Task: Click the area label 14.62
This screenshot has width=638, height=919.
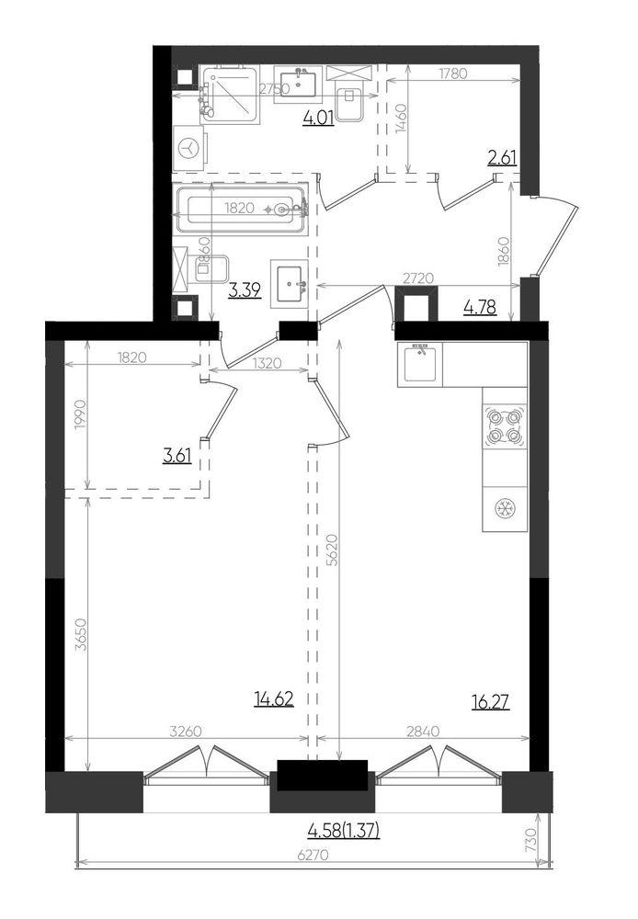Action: click(273, 700)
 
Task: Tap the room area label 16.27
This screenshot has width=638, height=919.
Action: click(490, 702)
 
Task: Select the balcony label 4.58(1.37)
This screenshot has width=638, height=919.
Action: click(344, 832)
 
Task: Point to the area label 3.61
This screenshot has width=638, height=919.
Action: click(177, 455)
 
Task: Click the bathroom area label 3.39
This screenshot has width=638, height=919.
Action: click(244, 292)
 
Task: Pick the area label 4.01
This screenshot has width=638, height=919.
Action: click(318, 117)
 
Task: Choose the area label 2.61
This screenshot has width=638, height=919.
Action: click(502, 158)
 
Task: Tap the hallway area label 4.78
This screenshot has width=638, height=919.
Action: click(480, 308)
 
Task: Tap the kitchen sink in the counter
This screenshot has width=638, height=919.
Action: click(420, 364)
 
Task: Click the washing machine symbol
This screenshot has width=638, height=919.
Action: click(189, 147)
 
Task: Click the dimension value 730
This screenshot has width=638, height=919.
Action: click(530, 841)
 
